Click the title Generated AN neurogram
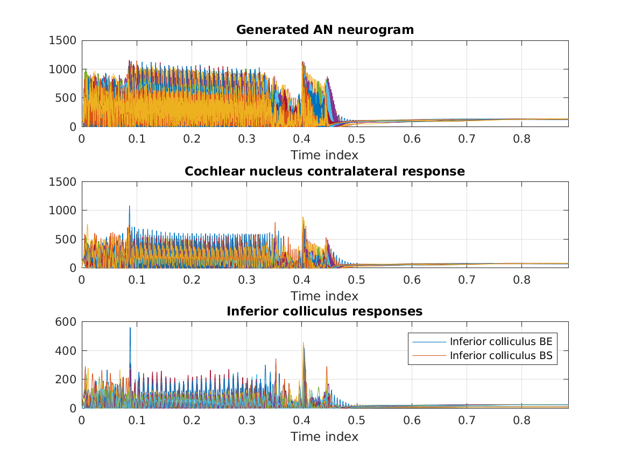coord(325,30)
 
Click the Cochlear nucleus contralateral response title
coord(325,171)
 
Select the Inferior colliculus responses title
coord(325,311)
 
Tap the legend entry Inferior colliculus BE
coord(501,341)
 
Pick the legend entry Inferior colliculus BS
coord(501,355)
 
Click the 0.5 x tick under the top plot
coord(357,138)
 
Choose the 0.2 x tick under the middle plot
coord(192,279)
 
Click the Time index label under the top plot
coord(324,155)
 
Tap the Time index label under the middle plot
coord(324,296)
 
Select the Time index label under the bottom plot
coord(324,437)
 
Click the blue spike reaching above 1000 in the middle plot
coord(129,207)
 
